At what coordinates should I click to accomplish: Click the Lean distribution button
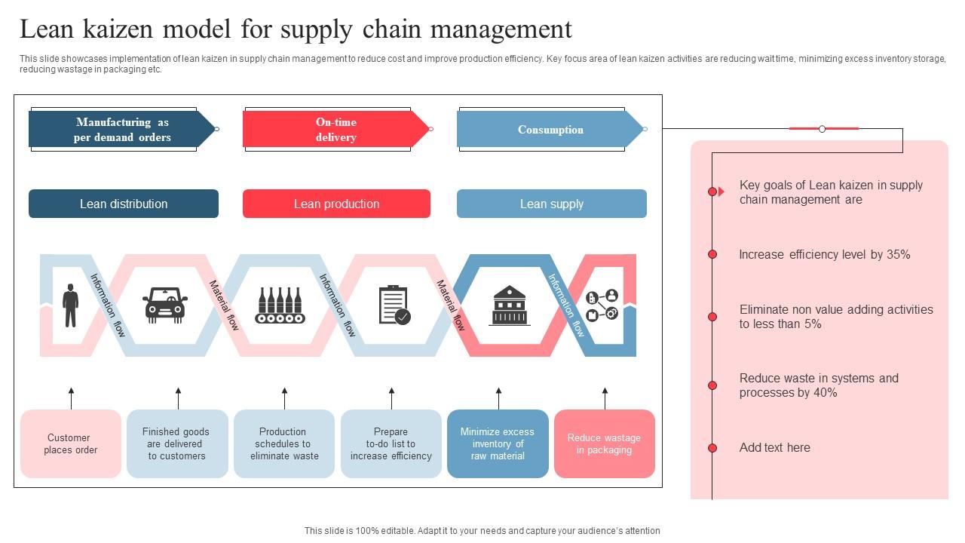click(x=124, y=204)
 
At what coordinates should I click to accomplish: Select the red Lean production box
click(x=336, y=204)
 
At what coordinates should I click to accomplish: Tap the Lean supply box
click(x=552, y=204)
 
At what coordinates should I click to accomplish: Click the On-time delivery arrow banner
click(x=336, y=130)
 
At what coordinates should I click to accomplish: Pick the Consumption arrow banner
click(x=550, y=130)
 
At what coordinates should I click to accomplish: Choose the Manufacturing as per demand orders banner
click(x=122, y=130)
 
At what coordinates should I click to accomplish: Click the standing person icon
click(x=70, y=305)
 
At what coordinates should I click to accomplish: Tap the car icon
click(x=165, y=305)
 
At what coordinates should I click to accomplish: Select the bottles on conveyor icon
click(x=280, y=305)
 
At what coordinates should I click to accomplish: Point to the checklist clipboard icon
click(x=394, y=305)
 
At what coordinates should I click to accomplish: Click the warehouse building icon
click(x=510, y=305)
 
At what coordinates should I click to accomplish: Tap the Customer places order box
click(x=71, y=443)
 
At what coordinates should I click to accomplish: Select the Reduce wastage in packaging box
click(x=605, y=443)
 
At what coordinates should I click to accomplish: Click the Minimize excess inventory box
click(x=498, y=443)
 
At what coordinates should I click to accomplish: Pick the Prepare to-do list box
click(x=391, y=443)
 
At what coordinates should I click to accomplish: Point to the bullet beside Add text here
click(x=712, y=448)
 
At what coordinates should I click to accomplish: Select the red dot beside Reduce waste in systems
click(x=712, y=385)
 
